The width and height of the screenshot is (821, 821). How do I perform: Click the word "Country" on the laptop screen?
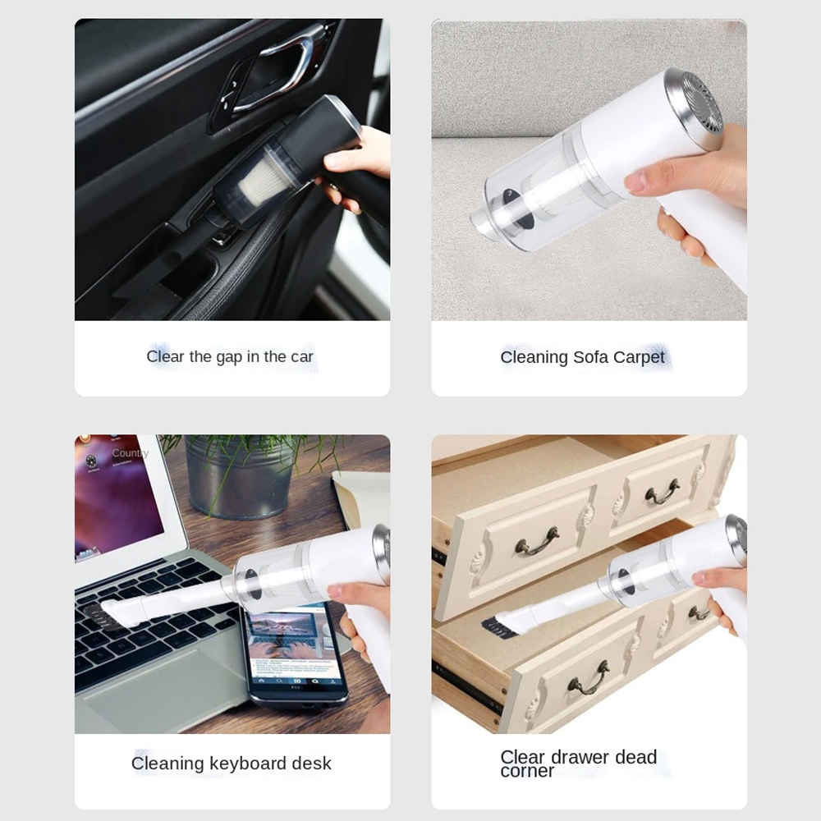[x=130, y=453]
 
